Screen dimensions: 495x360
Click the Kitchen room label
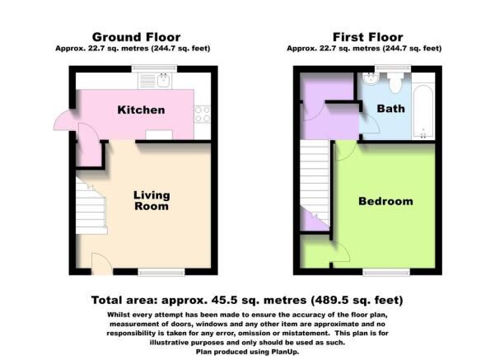tap(141, 110)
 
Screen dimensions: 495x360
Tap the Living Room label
tap(152, 200)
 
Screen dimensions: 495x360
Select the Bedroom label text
tap(385, 201)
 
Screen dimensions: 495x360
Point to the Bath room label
tap(391, 109)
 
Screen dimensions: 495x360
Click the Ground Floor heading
tap(136, 37)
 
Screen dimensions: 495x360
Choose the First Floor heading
tap(368, 37)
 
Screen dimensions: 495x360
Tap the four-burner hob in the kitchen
tap(203, 114)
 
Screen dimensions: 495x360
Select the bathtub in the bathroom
tap(423, 111)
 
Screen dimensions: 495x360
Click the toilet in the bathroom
tap(395, 82)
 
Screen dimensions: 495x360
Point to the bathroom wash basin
tap(371, 79)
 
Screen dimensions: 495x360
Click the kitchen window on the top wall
tap(154, 68)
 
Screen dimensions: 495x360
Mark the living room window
tap(161, 272)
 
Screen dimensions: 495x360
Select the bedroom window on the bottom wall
tap(386, 272)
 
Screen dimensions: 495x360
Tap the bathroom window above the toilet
tap(393, 68)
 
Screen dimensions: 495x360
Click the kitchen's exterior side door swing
tap(64, 119)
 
